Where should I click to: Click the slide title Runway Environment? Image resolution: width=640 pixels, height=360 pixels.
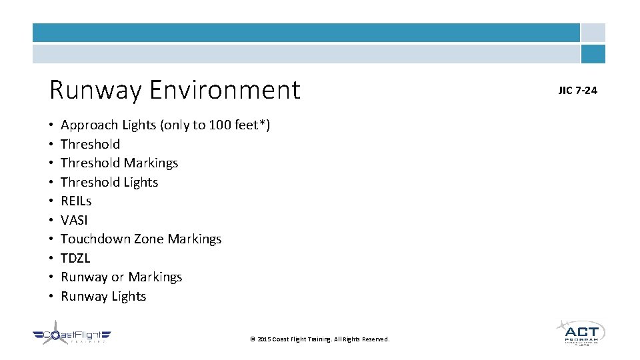175,90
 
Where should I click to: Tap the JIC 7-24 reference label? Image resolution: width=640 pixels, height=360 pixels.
577,91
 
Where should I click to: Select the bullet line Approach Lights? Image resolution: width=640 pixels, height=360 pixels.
165,125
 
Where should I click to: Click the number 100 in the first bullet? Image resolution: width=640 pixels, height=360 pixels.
219,125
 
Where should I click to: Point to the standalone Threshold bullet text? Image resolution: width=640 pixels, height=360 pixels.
90,144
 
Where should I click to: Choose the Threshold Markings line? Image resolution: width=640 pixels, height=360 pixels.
119,163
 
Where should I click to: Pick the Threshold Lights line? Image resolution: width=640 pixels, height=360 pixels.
109,182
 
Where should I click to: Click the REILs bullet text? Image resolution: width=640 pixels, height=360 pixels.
76,201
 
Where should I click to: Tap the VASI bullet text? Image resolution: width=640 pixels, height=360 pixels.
74,220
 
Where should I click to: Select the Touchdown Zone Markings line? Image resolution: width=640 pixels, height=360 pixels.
141,239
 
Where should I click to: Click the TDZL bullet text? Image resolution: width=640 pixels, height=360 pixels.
75,258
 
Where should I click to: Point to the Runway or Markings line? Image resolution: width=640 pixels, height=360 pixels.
121,277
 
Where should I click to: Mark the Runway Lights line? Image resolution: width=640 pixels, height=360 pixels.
103,296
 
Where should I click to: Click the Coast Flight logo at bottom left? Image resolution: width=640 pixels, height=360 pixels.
71,336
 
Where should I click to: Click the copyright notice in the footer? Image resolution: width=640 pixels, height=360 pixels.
319,339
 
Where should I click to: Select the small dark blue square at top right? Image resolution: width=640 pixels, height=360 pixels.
593,54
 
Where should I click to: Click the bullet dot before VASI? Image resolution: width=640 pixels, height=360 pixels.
51,221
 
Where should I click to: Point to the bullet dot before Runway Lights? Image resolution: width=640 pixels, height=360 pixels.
51,297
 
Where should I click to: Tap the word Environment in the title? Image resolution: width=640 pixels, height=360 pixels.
225,90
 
